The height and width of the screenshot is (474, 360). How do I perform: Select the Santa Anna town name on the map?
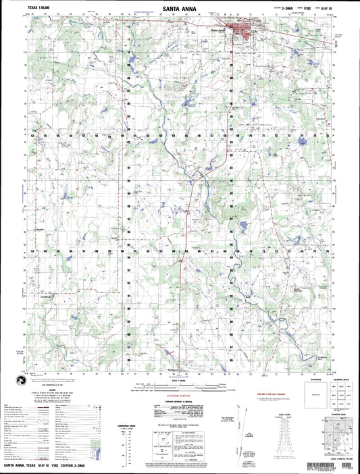(217, 30)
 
